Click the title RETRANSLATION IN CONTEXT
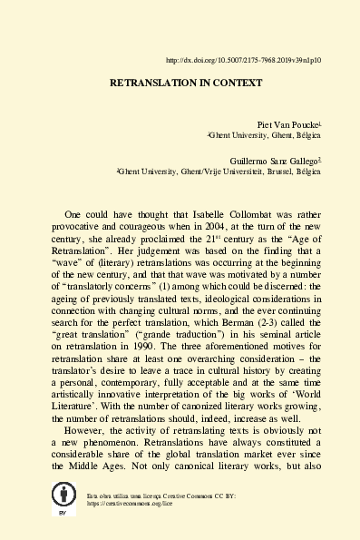(x=186, y=83)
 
